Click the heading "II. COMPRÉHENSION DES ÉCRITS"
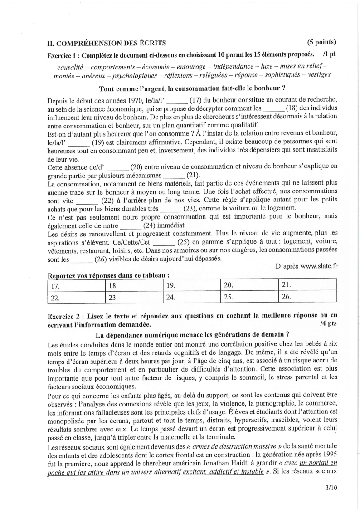coord(107,43)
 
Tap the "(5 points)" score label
coord(321,43)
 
